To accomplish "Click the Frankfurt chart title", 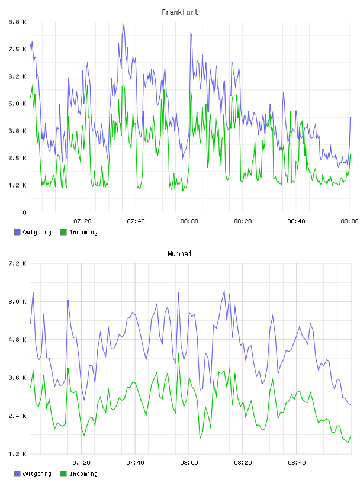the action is (x=180, y=12).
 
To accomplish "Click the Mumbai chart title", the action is (x=179, y=254).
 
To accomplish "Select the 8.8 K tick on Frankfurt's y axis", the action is (x=17, y=22).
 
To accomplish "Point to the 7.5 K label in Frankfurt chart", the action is (x=17, y=49).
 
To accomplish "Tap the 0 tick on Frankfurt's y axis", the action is (x=24, y=212).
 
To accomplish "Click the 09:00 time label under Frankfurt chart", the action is (x=349, y=221).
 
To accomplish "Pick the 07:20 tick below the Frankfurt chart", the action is (x=82, y=221).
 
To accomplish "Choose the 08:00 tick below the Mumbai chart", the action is (x=189, y=462).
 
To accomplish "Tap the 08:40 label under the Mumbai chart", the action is (x=297, y=462).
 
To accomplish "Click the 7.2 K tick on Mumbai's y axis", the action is (x=17, y=263).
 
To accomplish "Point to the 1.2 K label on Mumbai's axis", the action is (x=17, y=454).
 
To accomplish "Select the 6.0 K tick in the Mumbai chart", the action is (x=17, y=301).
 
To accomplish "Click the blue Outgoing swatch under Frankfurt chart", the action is (x=17, y=232).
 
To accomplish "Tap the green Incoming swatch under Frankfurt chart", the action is (x=63, y=232).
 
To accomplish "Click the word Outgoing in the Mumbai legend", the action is (x=37, y=474).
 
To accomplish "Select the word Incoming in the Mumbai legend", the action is (x=83, y=474).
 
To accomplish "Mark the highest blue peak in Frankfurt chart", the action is (x=124, y=22).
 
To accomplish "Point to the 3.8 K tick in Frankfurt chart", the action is (x=17, y=131).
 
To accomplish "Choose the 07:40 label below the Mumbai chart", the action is (x=136, y=462).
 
